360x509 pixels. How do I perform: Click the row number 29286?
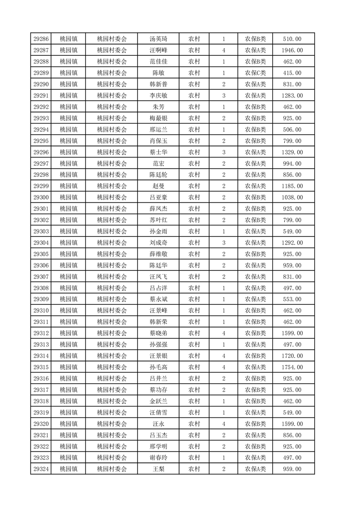pos(41,39)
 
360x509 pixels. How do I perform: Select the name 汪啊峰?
pos(158,50)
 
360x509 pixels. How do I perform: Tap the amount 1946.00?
pos(292,50)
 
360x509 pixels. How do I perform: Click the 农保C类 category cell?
pos(256,73)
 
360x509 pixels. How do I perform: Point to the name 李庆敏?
pos(158,96)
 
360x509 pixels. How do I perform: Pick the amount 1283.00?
pos(292,96)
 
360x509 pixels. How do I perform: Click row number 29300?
pos(41,197)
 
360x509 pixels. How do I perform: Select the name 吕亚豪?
pos(158,197)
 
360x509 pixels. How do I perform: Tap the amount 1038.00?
pos(292,197)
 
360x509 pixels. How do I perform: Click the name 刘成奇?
pos(158,243)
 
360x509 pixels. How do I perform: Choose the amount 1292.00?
pos(292,243)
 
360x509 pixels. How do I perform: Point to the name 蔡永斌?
pos(158,299)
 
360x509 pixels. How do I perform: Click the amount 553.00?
pos(292,299)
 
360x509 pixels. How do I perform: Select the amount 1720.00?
pos(292,356)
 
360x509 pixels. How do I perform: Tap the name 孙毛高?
pos(158,367)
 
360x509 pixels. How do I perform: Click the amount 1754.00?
pos(292,367)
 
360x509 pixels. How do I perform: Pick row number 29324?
pos(41,469)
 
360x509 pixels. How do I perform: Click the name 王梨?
pos(158,469)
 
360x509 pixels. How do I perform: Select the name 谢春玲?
pos(158,458)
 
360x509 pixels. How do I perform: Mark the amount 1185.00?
pos(292,186)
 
